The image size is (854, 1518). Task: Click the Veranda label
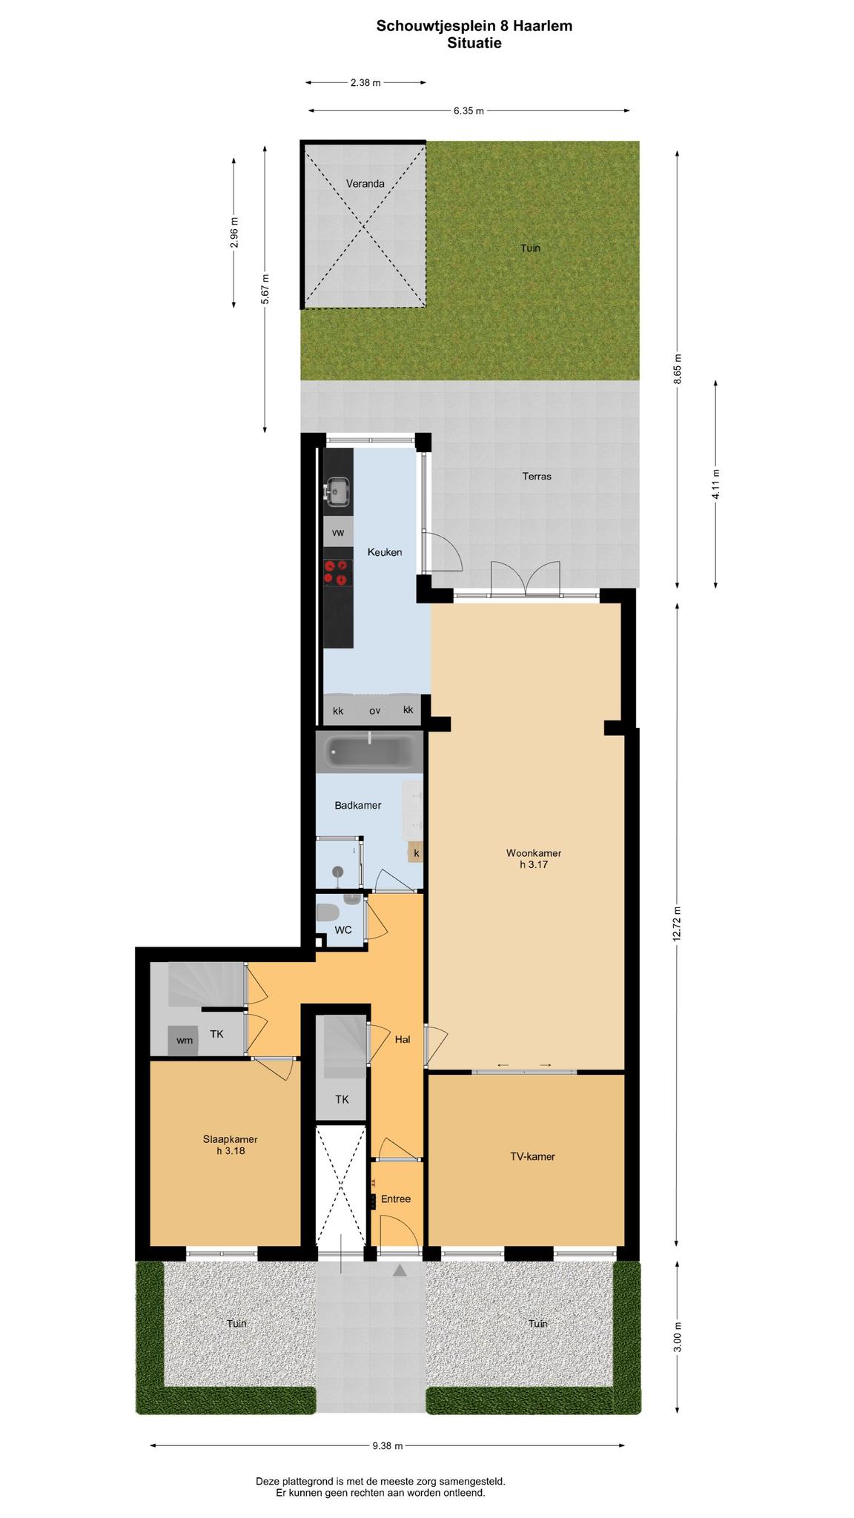click(x=365, y=183)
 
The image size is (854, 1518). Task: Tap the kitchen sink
click(x=338, y=491)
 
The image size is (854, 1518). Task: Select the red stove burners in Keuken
click(x=337, y=572)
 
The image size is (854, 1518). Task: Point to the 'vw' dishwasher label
click(x=338, y=532)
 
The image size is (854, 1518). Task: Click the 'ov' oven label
click(x=375, y=711)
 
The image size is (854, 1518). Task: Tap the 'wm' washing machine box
click(x=185, y=1040)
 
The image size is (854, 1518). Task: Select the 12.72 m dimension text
click(x=678, y=923)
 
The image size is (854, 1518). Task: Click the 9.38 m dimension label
click(x=388, y=1445)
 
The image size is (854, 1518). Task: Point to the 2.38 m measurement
click(x=365, y=83)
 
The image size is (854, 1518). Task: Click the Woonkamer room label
click(x=534, y=858)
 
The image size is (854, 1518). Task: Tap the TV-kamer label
click(x=533, y=1156)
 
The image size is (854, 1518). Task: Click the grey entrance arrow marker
click(x=400, y=1270)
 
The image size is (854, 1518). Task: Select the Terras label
click(x=537, y=476)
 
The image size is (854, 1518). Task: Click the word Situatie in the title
click(x=474, y=43)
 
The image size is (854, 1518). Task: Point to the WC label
click(x=343, y=929)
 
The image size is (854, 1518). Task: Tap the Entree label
click(x=396, y=1199)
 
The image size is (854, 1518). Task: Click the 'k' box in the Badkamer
click(x=417, y=852)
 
